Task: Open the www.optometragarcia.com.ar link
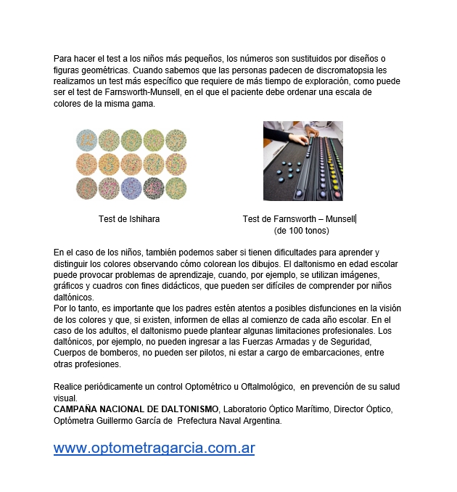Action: click(154, 448)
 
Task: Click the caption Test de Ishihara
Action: click(129, 218)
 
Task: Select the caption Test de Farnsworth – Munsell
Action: click(298, 218)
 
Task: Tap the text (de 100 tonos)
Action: click(301, 231)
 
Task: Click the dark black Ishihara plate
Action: click(154, 188)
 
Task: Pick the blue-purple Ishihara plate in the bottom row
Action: click(131, 188)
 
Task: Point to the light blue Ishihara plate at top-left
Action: click(87, 139)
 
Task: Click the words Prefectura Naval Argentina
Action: click(229, 420)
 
